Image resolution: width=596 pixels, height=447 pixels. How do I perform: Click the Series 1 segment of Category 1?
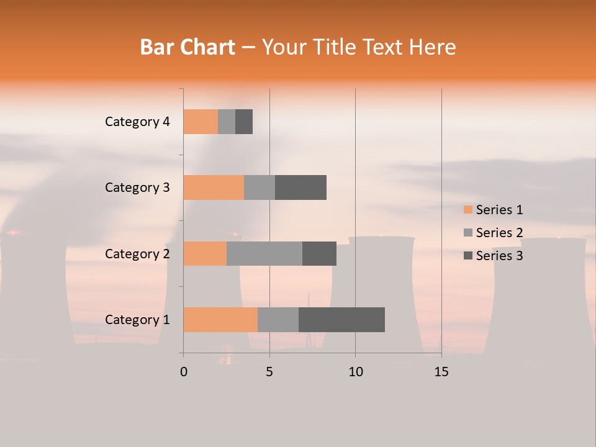[220, 320]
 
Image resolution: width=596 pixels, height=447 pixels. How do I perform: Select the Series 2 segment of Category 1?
[278, 320]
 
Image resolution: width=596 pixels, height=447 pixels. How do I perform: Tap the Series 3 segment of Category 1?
[341, 320]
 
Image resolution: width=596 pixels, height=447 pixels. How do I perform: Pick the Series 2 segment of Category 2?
[264, 253]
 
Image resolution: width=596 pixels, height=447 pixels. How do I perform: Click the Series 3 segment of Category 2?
[319, 253]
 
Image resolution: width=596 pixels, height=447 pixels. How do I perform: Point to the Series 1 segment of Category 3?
[214, 187]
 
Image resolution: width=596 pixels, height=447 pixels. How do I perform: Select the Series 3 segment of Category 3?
[300, 187]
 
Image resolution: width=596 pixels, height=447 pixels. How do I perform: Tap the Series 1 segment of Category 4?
[201, 122]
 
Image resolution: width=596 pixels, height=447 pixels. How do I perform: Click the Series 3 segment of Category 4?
[244, 122]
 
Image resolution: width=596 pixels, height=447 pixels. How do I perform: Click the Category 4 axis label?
[137, 122]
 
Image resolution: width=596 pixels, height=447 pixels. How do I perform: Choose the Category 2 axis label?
[137, 254]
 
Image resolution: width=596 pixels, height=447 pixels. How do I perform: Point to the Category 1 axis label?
[137, 320]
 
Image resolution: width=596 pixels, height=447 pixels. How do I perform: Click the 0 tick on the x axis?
[184, 372]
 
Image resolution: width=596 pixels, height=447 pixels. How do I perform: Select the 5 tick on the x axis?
[269, 372]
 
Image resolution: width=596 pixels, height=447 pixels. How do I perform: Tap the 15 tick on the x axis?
[441, 372]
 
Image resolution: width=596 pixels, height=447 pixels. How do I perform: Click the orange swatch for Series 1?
[468, 210]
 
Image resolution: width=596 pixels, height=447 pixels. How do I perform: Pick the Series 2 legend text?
[499, 233]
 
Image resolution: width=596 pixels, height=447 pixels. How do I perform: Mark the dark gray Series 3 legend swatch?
[468, 256]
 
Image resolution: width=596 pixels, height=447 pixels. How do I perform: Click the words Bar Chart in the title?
[187, 47]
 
